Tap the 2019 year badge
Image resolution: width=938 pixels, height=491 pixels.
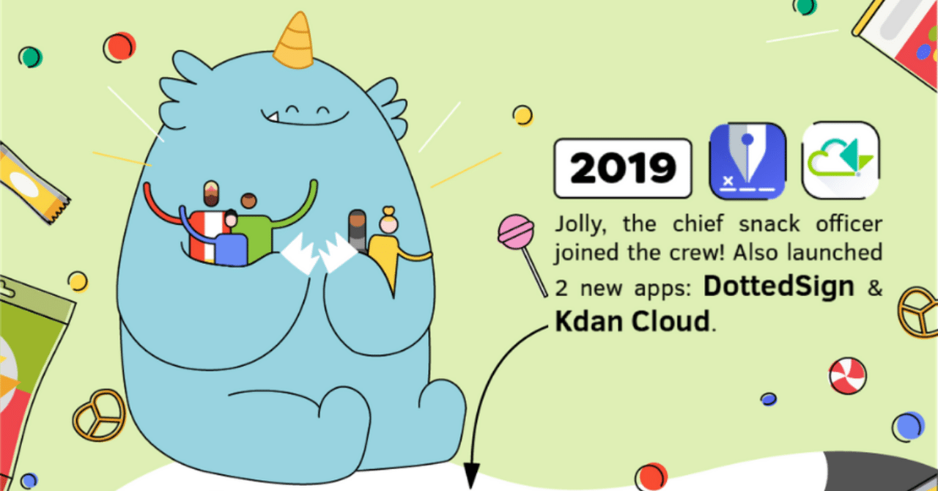coord(623,168)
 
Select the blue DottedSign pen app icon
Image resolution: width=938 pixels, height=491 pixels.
coord(747,160)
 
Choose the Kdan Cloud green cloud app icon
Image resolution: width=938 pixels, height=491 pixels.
coord(841,160)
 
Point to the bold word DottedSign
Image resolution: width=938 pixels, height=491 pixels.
coord(779,287)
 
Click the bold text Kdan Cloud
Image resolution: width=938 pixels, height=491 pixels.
coord(632,321)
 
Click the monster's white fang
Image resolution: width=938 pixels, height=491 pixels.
coord(270,116)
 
